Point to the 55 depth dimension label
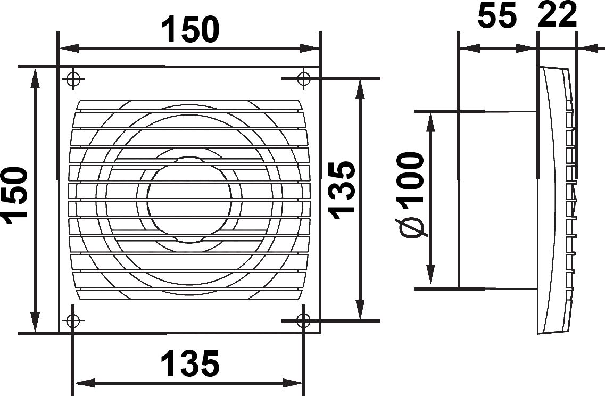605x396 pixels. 496,15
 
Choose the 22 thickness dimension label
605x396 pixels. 557,15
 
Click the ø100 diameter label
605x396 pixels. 410,195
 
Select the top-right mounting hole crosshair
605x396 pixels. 304,78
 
